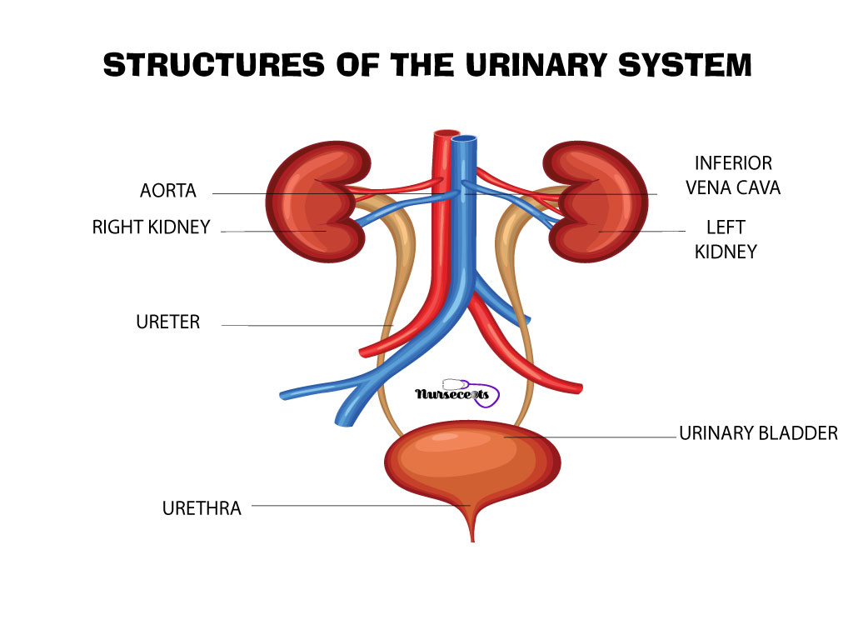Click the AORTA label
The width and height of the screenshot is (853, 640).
click(x=168, y=191)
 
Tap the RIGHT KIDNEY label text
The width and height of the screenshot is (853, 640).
click(x=152, y=227)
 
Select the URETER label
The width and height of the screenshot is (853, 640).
click(x=168, y=322)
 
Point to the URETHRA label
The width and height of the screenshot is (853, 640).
click(x=202, y=507)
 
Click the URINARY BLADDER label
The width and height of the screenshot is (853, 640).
click(x=758, y=433)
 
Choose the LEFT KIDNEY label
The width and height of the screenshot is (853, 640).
click(x=726, y=239)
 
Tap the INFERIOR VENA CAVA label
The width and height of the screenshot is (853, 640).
click(x=733, y=175)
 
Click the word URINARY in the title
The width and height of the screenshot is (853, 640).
click(x=536, y=65)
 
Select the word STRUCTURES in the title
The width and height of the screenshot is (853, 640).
click(x=214, y=65)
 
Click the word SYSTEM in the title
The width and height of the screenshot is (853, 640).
click(x=685, y=65)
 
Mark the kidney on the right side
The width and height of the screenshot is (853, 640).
click(x=596, y=202)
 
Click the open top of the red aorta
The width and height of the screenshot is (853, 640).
click(x=446, y=133)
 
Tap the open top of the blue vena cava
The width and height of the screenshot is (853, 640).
click(x=464, y=139)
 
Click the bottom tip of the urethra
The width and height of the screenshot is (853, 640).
click(x=472, y=541)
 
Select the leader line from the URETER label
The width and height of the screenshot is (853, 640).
click(x=307, y=326)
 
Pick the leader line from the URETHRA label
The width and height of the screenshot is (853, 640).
click(x=362, y=506)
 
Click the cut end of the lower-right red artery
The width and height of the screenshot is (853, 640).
click(x=579, y=388)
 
